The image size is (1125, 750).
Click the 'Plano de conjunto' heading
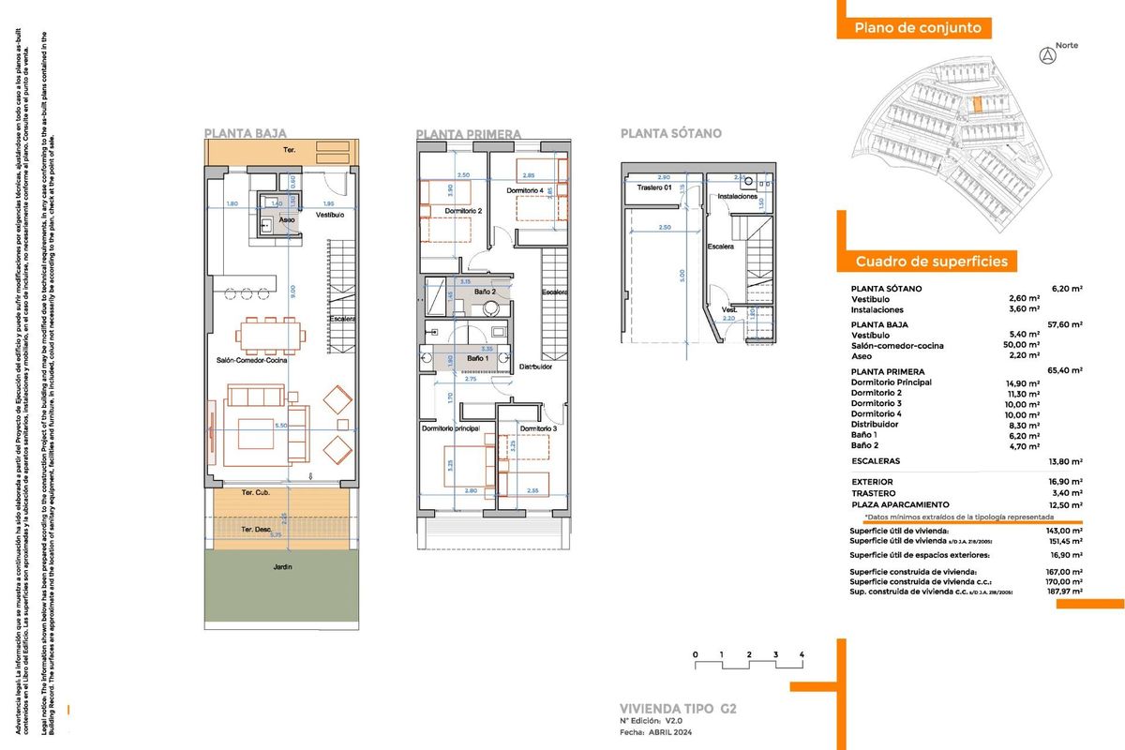[x=918, y=28]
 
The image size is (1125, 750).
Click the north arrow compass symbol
[x=1047, y=55]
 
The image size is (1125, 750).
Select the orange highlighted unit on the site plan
[x=977, y=106]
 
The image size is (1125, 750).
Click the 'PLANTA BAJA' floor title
[x=246, y=134]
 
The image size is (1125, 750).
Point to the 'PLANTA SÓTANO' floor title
[x=670, y=134]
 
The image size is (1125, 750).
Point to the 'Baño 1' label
[x=477, y=359]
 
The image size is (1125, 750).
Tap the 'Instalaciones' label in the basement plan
[x=737, y=198]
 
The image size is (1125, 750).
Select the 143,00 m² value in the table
[x=1064, y=530]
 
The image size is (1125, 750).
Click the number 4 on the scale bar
[x=802, y=653]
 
